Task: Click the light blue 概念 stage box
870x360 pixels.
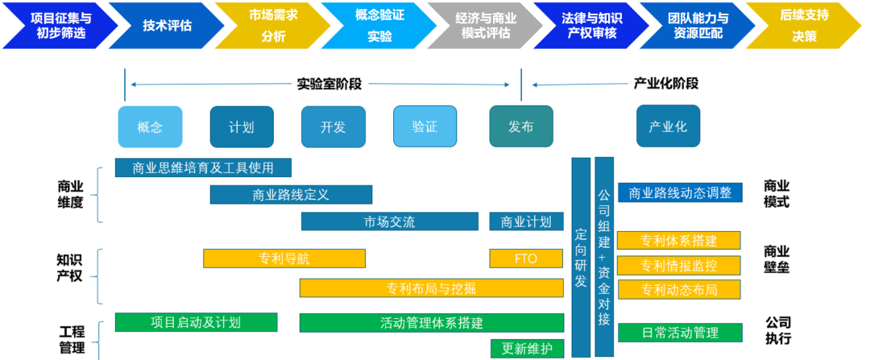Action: point(150,126)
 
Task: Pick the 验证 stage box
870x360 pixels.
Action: point(425,126)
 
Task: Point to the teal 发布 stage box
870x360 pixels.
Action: point(521,126)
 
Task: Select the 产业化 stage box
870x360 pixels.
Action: point(668,126)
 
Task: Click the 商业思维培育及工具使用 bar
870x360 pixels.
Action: point(203,168)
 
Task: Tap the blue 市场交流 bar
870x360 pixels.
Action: point(390,221)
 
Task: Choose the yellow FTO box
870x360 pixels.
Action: point(526,259)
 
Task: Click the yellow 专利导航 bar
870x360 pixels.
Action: point(284,259)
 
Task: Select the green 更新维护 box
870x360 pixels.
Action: point(527,348)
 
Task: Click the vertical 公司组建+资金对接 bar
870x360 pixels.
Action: point(604,256)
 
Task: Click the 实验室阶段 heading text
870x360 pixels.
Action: point(329,83)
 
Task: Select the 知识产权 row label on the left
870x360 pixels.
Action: point(70,268)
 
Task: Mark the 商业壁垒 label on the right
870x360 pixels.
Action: point(777,259)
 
